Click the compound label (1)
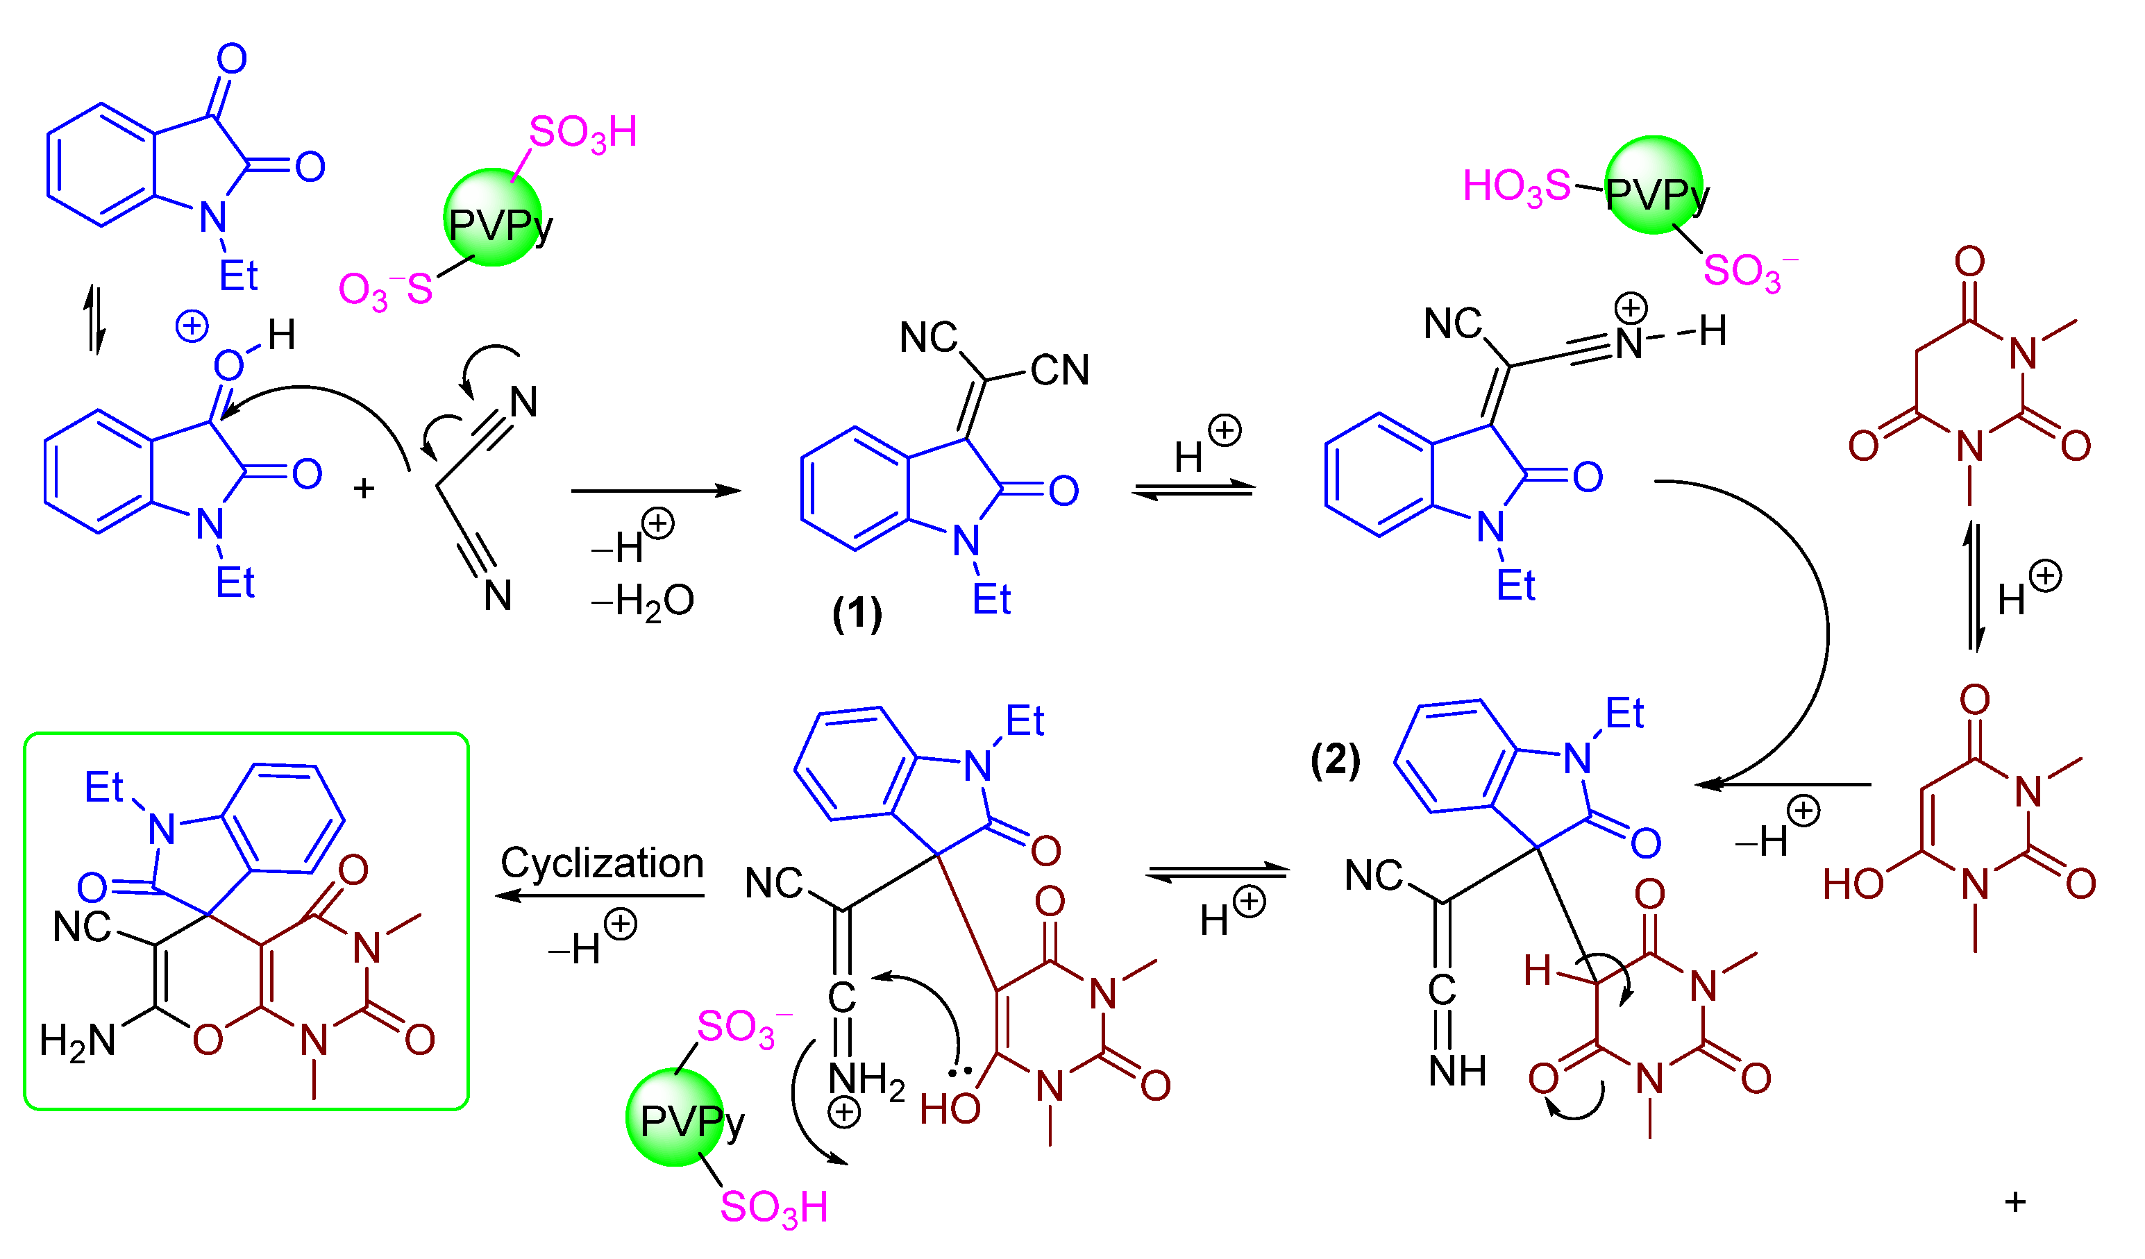(x=857, y=614)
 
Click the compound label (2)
(x=1336, y=759)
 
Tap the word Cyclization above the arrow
(x=602, y=864)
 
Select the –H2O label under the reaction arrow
(x=643, y=602)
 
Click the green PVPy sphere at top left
(x=493, y=218)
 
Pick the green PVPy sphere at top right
(x=1653, y=185)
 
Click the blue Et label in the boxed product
(x=104, y=788)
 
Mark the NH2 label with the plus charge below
(x=866, y=1079)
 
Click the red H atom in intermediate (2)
(x=1537, y=970)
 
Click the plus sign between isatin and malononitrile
(x=364, y=489)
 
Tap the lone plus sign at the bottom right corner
(x=2014, y=1202)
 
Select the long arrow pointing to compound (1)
(x=655, y=491)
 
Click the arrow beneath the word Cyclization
(x=600, y=895)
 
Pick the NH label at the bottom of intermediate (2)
(x=1457, y=1071)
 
